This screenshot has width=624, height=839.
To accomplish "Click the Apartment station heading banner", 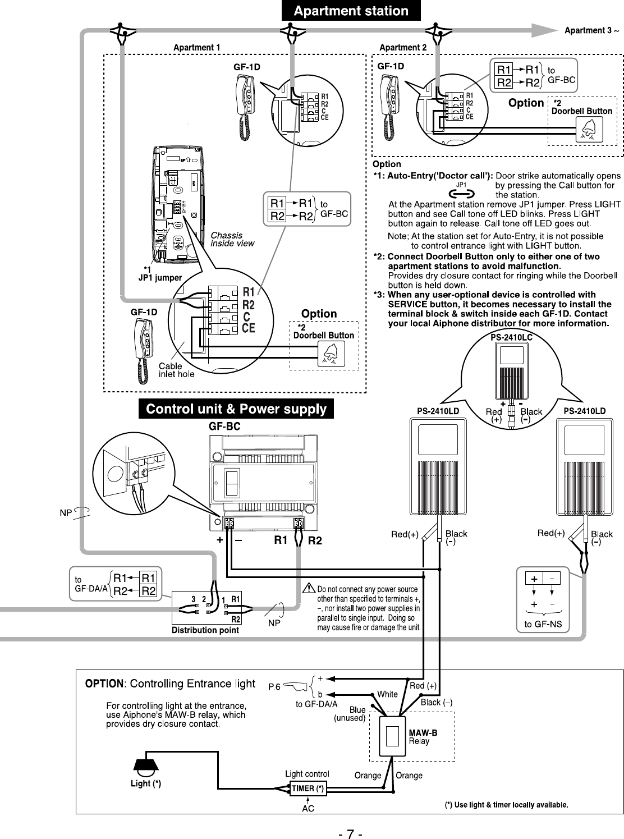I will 351,11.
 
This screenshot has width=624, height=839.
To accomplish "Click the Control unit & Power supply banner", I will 236,409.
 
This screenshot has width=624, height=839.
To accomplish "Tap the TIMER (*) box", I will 308,788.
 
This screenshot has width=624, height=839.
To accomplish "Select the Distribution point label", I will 205,630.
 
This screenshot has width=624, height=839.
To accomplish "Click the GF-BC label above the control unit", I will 224,427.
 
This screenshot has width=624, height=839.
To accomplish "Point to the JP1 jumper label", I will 160,278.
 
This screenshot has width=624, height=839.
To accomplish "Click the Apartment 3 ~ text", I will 591,30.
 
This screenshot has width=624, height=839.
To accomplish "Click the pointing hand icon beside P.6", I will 295,686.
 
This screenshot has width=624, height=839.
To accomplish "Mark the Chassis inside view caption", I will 232,239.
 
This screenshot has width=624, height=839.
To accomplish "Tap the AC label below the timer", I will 308,809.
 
